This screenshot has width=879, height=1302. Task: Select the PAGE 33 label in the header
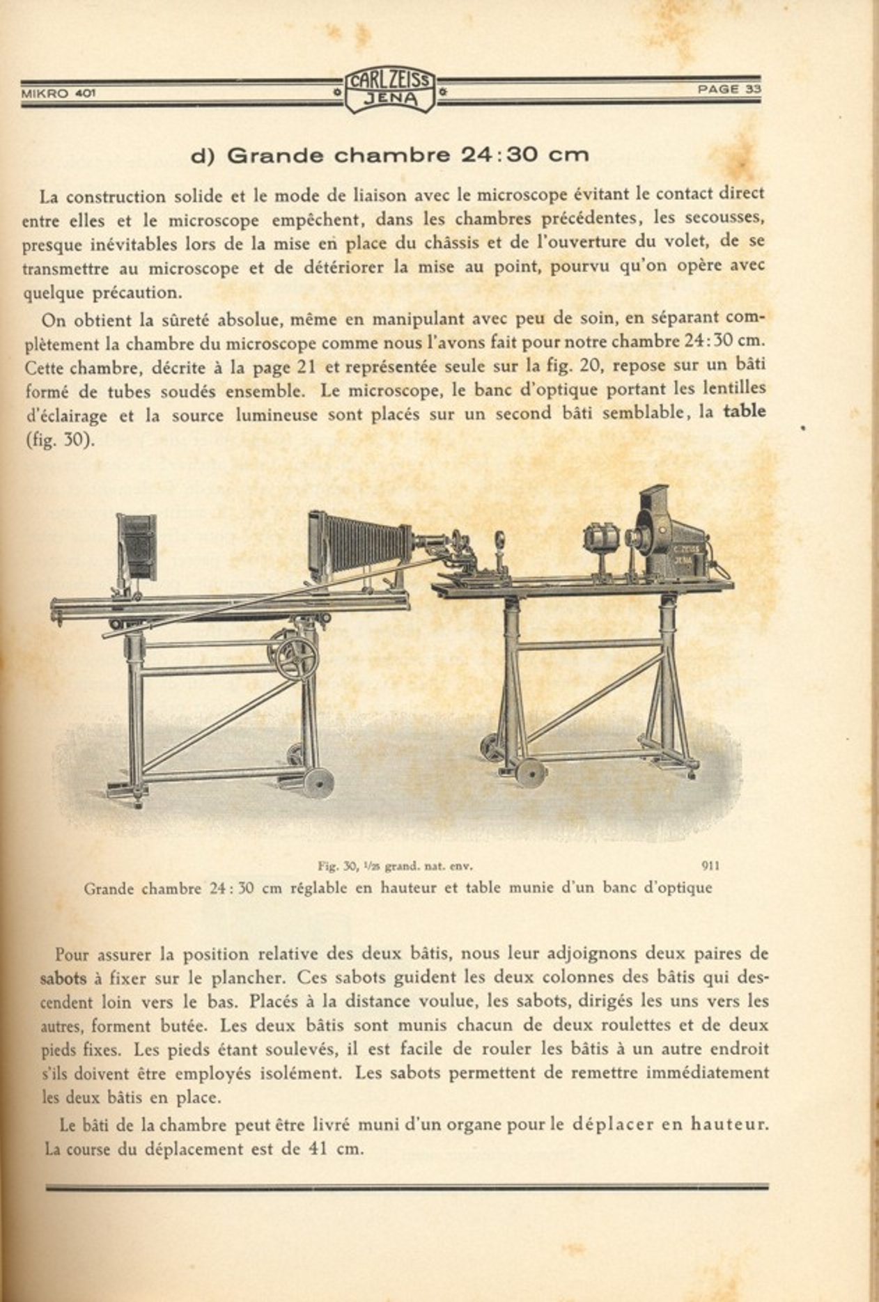pos(729,89)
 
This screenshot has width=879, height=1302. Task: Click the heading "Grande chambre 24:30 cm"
pos(390,155)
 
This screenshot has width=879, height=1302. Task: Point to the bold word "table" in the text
pos(745,411)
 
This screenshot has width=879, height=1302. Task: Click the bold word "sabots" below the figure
pos(63,978)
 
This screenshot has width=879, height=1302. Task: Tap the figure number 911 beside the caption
pos(710,865)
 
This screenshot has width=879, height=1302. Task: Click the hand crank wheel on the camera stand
pos(296,655)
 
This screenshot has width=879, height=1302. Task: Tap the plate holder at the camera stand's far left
pos(137,547)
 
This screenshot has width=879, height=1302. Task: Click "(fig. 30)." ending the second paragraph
pos(59,441)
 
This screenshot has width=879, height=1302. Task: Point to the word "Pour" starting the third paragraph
pos(72,954)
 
